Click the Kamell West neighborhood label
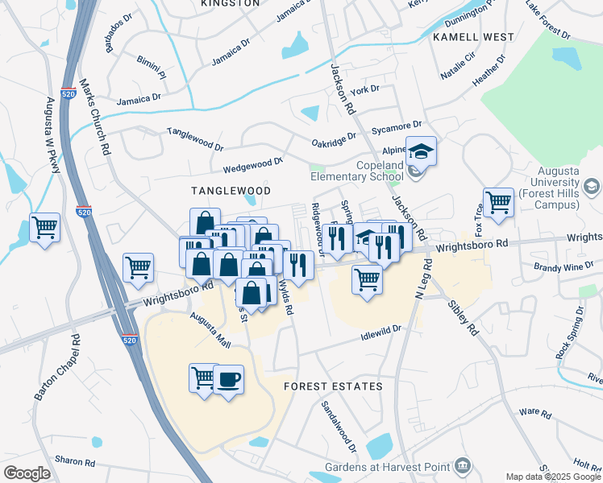(473, 37)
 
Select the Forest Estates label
(333, 386)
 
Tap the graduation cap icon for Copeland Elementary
(420, 151)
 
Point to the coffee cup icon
(228, 378)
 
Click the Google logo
(27, 473)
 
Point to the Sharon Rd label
(75, 462)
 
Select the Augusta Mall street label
(210, 331)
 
